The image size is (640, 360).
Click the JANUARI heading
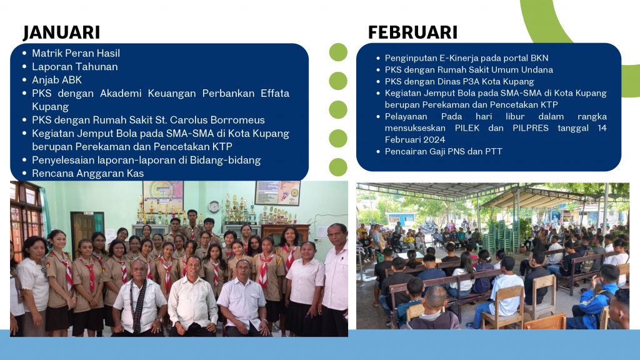pos(62,32)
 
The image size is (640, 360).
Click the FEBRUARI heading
pos(412,32)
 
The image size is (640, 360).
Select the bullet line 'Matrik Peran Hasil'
pos(76,53)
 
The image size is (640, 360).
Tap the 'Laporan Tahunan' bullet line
pos(75,66)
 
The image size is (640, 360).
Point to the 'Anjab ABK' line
pos(57,80)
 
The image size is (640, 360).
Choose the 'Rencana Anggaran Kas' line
pos(87,174)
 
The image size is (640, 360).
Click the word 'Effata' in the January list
pos(275,93)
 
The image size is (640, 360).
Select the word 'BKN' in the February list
pos(539,58)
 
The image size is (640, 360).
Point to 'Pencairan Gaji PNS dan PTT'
pos(443,151)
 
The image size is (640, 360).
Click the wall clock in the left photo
pos(214,207)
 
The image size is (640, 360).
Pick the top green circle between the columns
pos(338,52)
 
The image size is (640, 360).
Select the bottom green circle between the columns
pos(338,167)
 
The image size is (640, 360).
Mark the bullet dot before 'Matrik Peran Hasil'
pos(24,53)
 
